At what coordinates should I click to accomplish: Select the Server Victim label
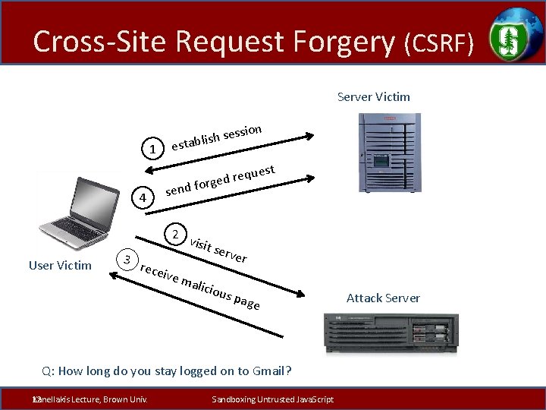[x=373, y=96]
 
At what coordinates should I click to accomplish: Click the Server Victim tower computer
[x=389, y=152]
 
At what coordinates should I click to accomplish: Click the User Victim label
[x=60, y=265]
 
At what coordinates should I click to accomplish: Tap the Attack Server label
[x=384, y=298]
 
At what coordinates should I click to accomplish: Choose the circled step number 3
[x=128, y=260]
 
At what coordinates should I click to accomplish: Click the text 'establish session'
[x=217, y=136]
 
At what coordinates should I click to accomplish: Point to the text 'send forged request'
[x=220, y=180]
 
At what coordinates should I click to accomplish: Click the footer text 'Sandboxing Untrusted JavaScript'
[x=272, y=399]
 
